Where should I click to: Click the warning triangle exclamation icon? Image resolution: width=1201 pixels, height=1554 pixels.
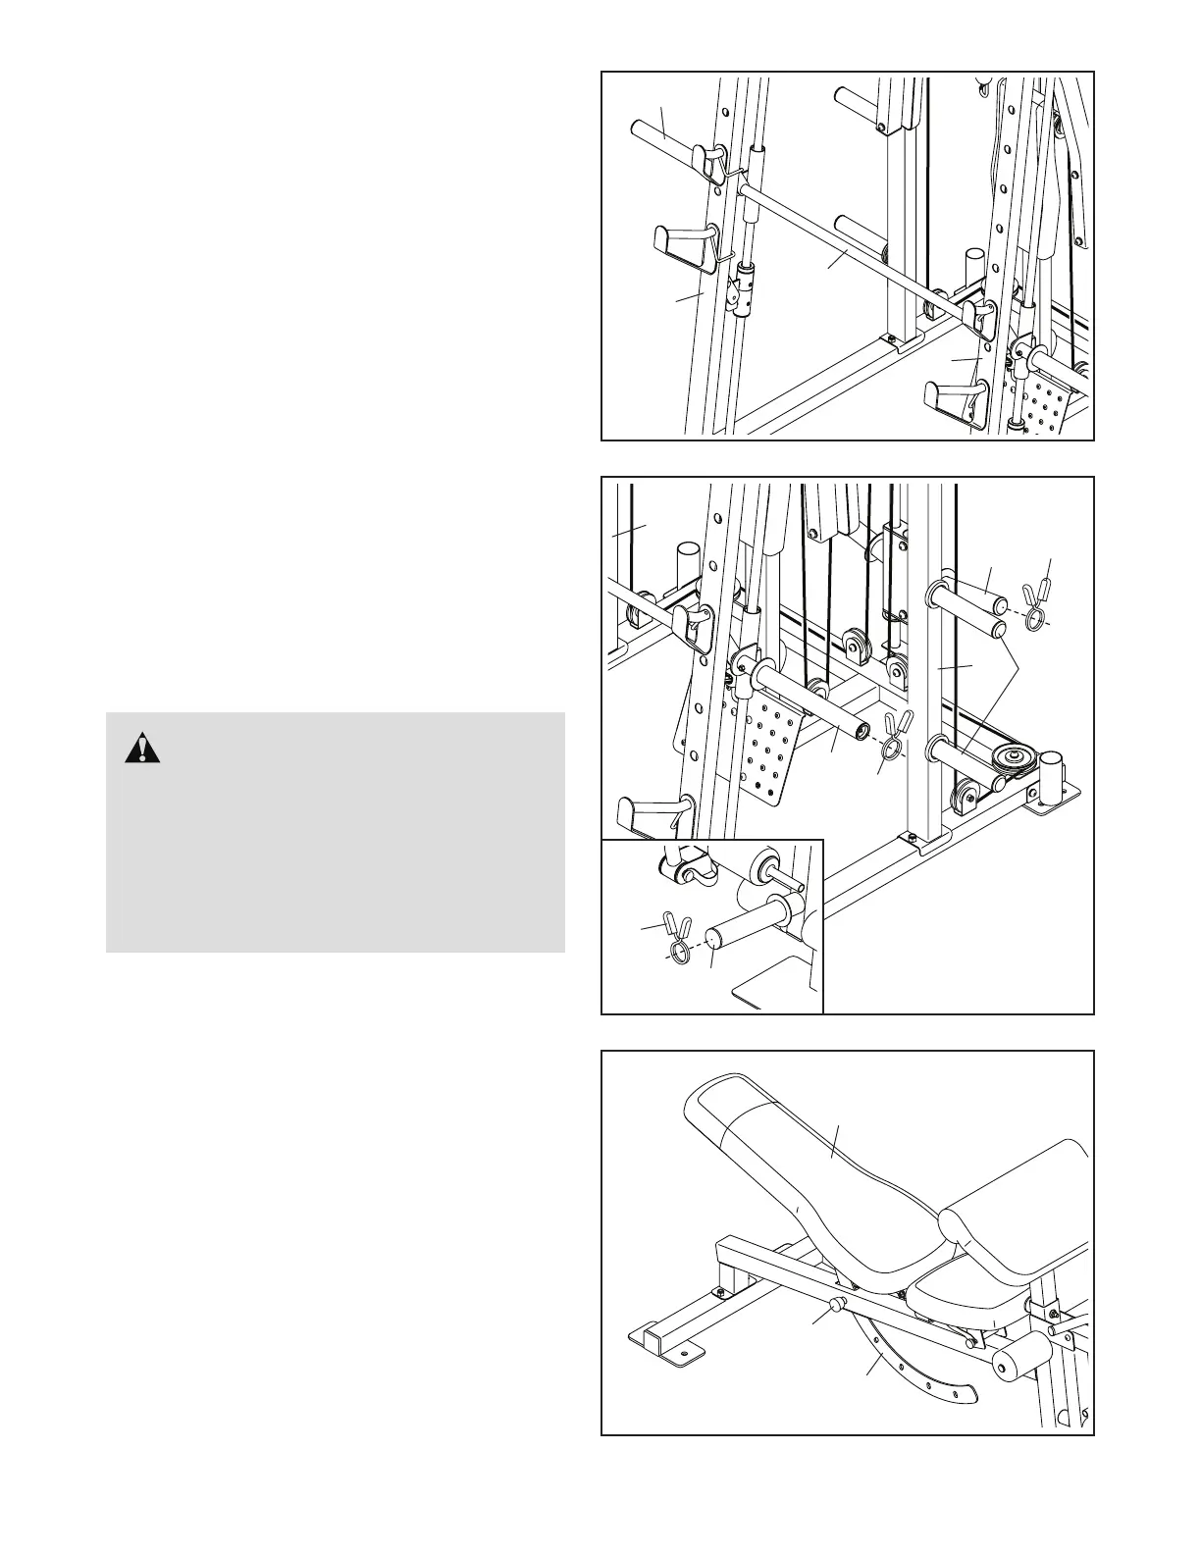coord(142,749)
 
